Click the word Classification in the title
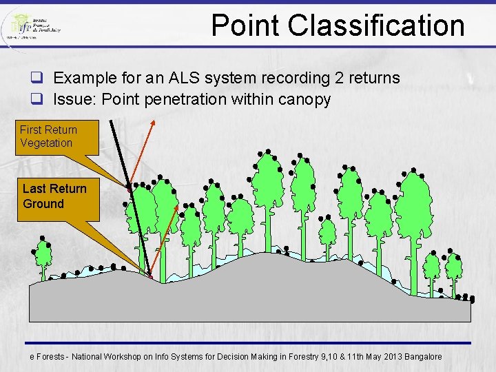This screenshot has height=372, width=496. pyautogui.click(x=376, y=25)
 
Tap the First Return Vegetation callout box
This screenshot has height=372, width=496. pyautogui.click(x=48, y=136)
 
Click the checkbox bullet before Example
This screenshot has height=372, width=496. pyautogui.click(x=37, y=78)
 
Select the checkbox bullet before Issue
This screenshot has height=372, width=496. pyautogui.click(x=37, y=99)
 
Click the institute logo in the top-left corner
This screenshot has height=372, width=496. pyautogui.click(x=32, y=27)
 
